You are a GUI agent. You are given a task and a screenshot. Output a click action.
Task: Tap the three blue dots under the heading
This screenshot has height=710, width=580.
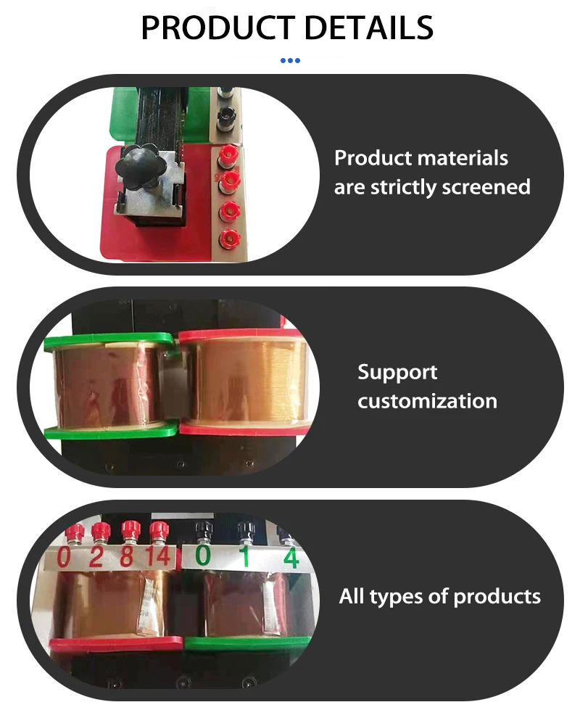[290, 61]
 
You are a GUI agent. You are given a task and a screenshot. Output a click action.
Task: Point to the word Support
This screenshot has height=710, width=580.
[397, 372]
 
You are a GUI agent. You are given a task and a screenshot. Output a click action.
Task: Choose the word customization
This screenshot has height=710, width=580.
[427, 400]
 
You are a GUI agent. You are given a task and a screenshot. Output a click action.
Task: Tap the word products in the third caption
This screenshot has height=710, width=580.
[497, 597]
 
